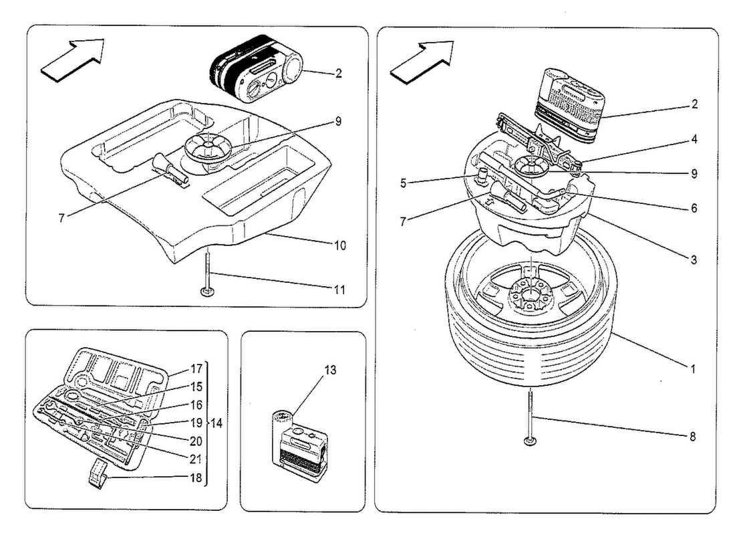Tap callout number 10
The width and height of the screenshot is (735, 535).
pyautogui.click(x=339, y=245)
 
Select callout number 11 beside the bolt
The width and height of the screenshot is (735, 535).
pyautogui.click(x=339, y=290)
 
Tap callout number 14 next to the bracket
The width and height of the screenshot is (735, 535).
pyautogui.click(x=217, y=423)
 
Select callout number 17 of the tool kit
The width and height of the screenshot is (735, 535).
pyautogui.click(x=196, y=368)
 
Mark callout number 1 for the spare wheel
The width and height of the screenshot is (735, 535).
pyautogui.click(x=694, y=368)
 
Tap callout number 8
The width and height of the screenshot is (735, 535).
pyautogui.click(x=692, y=437)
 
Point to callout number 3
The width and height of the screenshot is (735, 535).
pyautogui.click(x=694, y=259)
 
